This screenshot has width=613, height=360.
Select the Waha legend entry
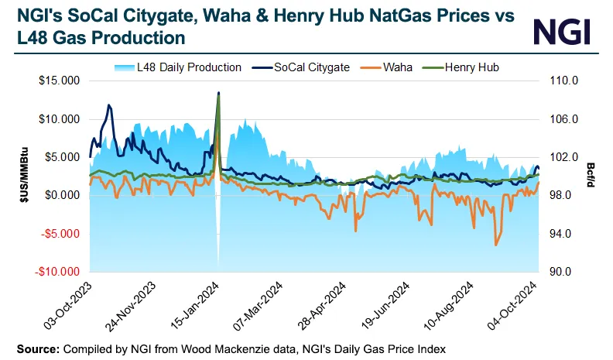pos(394,67)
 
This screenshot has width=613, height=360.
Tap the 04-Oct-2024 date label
pos(519,306)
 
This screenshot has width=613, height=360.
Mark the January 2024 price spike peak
pos(219,93)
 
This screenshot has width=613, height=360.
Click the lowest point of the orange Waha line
pos(496,245)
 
